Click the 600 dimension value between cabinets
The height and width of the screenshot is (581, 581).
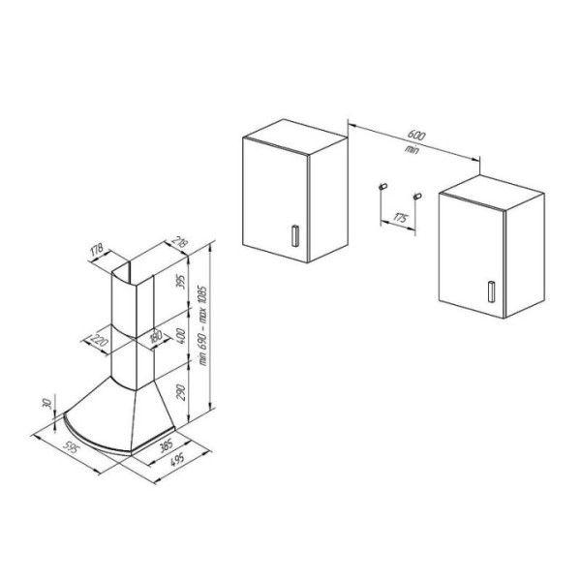tap(416, 135)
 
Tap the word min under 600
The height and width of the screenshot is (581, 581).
tap(412, 149)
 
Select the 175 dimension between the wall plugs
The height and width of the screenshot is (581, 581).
tap(399, 218)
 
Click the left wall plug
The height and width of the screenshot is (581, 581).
tap(382, 186)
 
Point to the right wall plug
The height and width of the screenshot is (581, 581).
tap(417, 196)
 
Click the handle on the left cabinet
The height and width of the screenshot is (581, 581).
tap(295, 235)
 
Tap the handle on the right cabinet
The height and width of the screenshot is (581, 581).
tap(491, 291)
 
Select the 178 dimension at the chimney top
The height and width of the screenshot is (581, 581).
tap(97, 250)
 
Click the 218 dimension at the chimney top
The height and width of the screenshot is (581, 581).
tap(180, 243)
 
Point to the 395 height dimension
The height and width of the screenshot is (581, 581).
tap(181, 283)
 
